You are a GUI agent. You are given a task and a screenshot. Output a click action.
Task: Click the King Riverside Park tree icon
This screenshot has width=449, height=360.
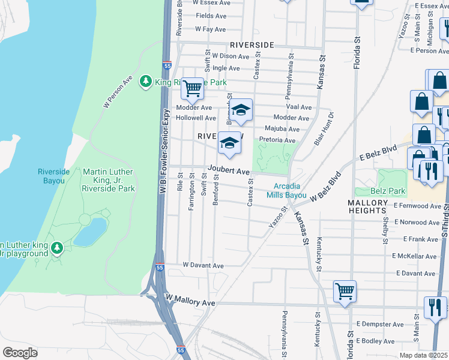coord(145,81)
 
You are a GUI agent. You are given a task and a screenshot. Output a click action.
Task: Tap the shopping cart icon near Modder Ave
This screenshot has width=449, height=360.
coord(193,89)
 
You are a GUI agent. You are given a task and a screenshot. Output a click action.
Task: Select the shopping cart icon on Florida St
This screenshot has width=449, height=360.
coord(345,292)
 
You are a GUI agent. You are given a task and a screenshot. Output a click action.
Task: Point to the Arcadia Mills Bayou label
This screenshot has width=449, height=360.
coord(291,191)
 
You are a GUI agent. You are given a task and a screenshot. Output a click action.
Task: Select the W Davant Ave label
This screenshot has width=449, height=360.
coord(203,265)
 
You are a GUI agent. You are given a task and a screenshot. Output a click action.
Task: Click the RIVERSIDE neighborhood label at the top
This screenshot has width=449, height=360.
coord(252,45)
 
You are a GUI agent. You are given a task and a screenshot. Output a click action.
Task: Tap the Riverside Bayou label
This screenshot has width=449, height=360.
coord(54,176)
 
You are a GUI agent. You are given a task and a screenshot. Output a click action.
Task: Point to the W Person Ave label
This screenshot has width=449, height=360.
coord(118,91)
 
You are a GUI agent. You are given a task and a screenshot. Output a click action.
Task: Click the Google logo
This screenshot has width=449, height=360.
coord(19,353)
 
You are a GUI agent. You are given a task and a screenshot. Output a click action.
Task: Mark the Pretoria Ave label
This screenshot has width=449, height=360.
coord(277,140)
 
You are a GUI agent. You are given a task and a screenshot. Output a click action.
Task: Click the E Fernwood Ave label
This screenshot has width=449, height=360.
coord(418,206)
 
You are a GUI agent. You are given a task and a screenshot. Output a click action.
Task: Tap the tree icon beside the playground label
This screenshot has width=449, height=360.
coord(57,247)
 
